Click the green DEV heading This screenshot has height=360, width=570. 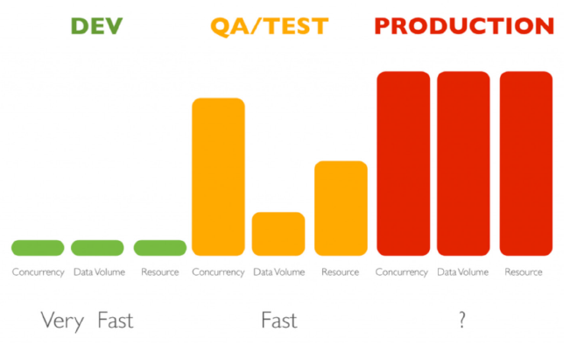click(x=97, y=26)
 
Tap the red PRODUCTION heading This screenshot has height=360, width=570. click(x=464, y=26)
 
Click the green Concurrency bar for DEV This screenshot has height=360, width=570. click(x=38, y=248)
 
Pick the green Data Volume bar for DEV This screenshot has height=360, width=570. click(x=98, y=248)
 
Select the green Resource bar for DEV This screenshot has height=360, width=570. click(x=159, y=248)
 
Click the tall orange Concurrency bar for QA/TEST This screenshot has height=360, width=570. click(x=218, y=176)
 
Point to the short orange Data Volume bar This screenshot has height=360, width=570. click(x=278, y=233)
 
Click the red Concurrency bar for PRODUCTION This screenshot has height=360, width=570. click(x=403, y=163)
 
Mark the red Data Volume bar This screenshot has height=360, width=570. click(x=464, y=163)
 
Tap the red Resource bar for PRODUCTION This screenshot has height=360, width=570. click(x=525, y=163)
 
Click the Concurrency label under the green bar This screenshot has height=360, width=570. click(x=38, y=272)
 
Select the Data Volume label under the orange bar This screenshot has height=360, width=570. click(x=278, y=272)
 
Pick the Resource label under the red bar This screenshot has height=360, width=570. click(x=524, y=272)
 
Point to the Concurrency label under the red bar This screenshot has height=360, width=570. click(x=402, y=272)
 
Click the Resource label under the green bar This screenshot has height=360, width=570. click(x=159, y=272)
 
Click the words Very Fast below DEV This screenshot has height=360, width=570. click(x=87, y=321)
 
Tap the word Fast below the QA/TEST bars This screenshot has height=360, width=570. click(x=278, y=321)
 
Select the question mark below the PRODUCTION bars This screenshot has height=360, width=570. click(x=461, y=321)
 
